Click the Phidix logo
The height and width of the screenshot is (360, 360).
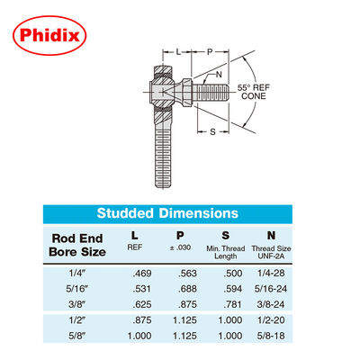pos(49,35)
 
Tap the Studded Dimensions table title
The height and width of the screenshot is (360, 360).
pos(167,213)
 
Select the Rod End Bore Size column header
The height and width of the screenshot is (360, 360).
pos(77,245)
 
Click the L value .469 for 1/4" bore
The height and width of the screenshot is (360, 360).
pos(142,274)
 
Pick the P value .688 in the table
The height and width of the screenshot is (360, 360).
pos(187,289)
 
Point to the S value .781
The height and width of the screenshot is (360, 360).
pos(232,304)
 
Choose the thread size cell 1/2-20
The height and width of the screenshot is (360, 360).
pos(271,320)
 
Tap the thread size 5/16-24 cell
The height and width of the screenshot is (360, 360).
pos(271,289)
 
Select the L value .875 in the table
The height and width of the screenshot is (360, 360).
pos(142,320)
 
